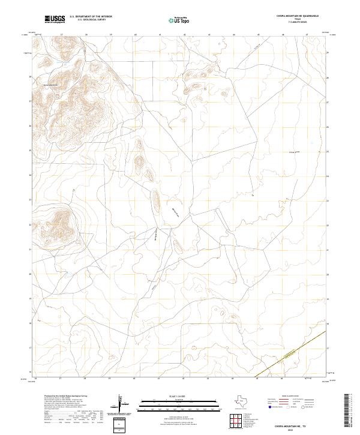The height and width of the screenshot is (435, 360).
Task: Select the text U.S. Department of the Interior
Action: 91,17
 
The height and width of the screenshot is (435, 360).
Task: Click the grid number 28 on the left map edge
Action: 31,77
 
